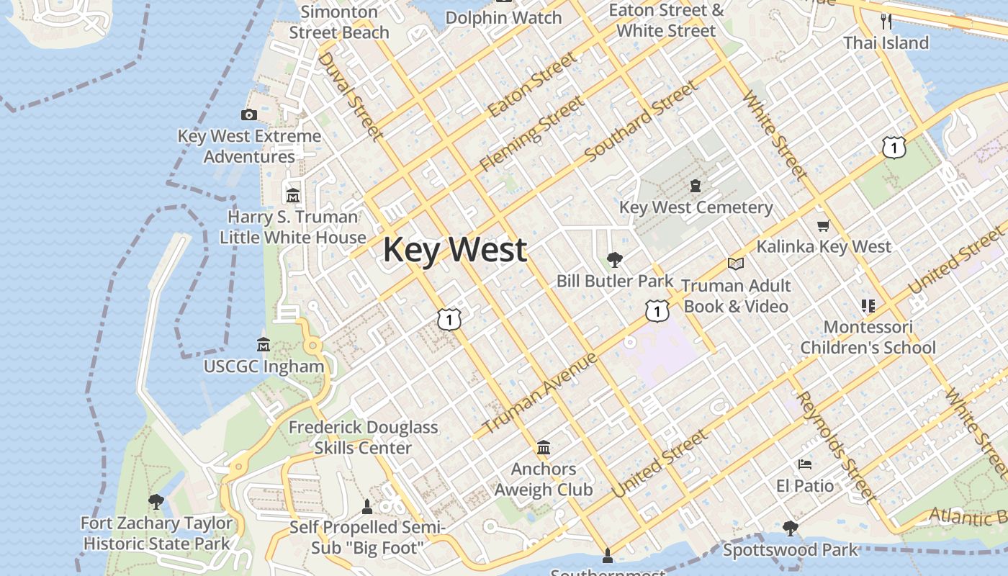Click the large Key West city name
(x=454, y=250)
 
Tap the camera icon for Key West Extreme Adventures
(x=248, y=114)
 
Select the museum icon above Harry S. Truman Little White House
(x=292, y=195)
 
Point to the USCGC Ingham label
(x=264, y=366)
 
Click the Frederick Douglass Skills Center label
(x=363, y=437)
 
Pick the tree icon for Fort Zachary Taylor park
(x=156, y=501)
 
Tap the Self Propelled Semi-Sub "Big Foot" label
(x=367, y=538)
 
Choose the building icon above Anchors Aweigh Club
(x=544, y=448)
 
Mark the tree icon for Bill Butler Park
(x=614, y=259)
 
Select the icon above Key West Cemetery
(x=695, y=186)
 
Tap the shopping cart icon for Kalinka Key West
(x=824, y=225)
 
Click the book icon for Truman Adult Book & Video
(x=735, y=264)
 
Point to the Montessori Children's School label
(x=868, y=337)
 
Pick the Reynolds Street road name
(x=836, y=447)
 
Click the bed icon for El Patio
(x=805, y=464)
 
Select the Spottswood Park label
(x=791, y=550)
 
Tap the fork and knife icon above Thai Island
(x=886, y=22)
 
